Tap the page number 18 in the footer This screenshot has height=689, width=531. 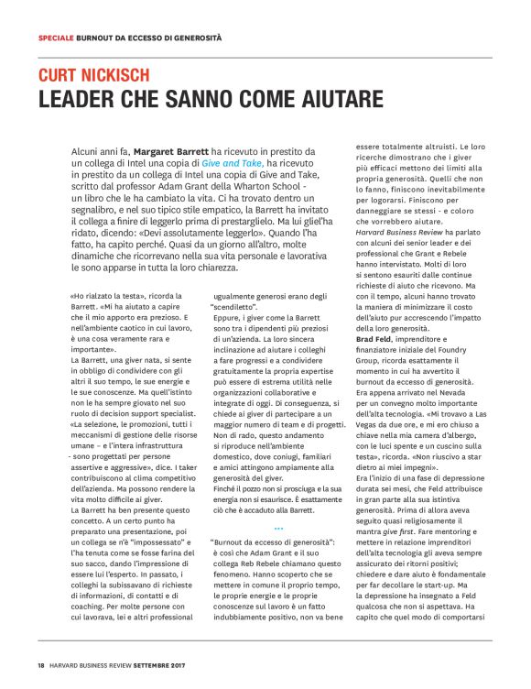41,665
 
